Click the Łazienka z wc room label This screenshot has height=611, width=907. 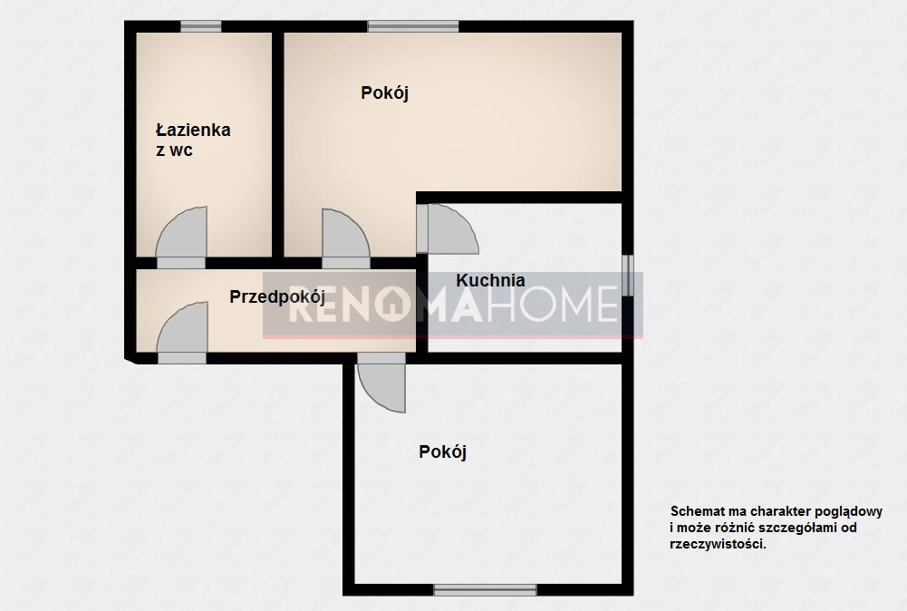(x=193, y=140)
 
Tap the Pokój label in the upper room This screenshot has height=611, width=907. (x=385, y=92)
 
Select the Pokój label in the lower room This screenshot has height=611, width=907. (x=442, y=451)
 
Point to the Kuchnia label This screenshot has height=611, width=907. (x=490, y=281)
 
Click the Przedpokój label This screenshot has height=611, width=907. (x=277, y=297)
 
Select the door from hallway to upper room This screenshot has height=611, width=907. (x=346, y=238)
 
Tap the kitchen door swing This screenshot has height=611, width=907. (x=447, y=229)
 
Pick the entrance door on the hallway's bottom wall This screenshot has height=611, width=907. (x=182, y=333)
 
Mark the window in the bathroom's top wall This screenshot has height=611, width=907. (x=201, y=26)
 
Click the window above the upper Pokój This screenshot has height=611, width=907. (x=413, y=26)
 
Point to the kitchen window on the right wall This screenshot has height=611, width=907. (x=628, y=276)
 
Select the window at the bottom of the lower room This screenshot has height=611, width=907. (x=486, y=590)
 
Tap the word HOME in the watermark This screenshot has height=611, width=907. (x=553, y=305)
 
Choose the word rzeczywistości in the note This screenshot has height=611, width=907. (x=718, y=545)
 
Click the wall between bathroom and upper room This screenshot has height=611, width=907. (x=277, y=145)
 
